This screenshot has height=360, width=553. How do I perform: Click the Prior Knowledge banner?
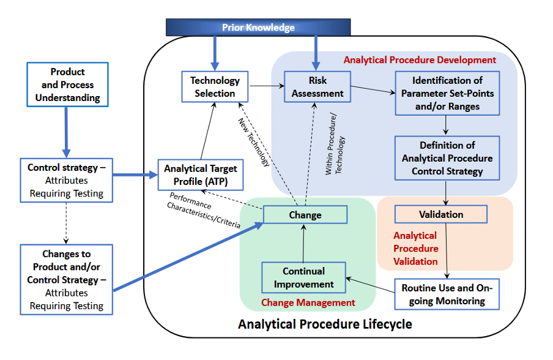click(x=258, y=27)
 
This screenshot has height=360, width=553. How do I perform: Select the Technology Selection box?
click(x=215, y=87)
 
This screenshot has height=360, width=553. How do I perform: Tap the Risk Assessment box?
click(x=317, y=87)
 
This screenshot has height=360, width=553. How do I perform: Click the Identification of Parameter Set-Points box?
click(x=447, y=93)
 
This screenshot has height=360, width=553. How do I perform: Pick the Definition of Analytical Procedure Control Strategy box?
click(x=447, y=158)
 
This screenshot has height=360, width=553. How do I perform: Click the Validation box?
click(x=441, y=214)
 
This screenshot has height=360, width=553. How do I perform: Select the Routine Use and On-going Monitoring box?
click(x=447, y=294)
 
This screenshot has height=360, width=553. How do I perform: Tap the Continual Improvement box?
click(x=303, y=277)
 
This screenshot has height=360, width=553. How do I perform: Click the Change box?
click(x=305, y=214)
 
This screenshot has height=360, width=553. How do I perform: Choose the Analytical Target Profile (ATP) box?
click(x=201, y=175)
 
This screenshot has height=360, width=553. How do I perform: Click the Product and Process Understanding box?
click(x=67, y=84)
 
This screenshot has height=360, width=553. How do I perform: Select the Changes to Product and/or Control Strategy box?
click(x=66, y=280)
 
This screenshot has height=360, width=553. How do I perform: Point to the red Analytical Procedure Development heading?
click(x=420, y=60)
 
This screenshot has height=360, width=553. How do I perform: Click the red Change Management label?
click(x=308, y=302)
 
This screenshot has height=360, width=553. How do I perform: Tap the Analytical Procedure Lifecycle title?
click(x=325, y=324)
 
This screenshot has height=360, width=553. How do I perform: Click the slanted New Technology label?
click(x=254, y=142)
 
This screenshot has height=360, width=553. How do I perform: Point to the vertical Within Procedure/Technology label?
click(x=335, y=144)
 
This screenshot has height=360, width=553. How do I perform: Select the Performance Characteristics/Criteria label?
click(x=204, y=211)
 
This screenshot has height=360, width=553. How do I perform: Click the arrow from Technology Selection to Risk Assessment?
click(x=267, y=86)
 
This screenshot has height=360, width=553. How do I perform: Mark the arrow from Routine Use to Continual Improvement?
click(x=370, y=285)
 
